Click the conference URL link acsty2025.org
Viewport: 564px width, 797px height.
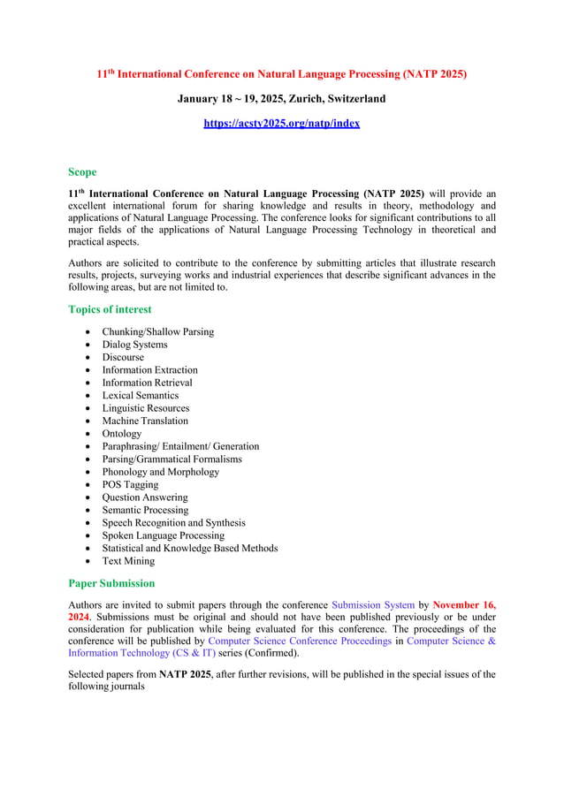point(281,124)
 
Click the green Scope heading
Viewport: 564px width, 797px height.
point(82,172)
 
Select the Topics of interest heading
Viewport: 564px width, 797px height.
point(110,309)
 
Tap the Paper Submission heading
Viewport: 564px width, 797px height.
point(111,583)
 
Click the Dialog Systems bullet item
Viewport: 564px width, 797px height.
point(134,345)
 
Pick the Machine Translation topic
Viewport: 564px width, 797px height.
point(145,421)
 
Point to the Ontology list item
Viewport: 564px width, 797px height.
point(122,434)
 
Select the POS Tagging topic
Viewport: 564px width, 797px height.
point(131,484)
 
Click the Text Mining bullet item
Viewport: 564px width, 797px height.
point(128,561)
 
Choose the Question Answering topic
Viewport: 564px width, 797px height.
point(145,497)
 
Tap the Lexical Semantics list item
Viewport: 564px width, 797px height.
point(140,396)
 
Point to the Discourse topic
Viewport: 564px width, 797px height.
point(123,358)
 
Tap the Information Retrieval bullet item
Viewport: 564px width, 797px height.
point(147,383)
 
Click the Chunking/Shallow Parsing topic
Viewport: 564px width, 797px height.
point(158,332)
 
